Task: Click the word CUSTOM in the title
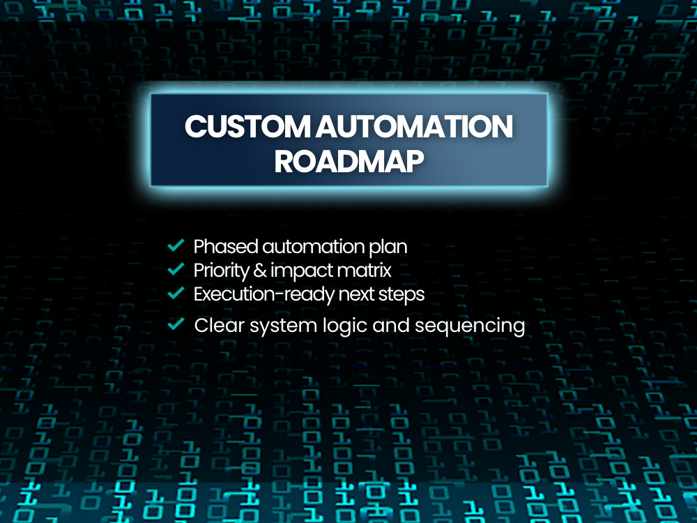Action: pyautogui.click(x=247, y=126)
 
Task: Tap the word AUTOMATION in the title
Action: pyautogui.click(x=414, y=126)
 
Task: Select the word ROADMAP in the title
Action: pyautogui.click(x=349, y=161)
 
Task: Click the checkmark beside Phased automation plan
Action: pyautogui.click(x=176, y=245)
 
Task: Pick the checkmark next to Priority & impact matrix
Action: pyautogui.click(x=176, y=268)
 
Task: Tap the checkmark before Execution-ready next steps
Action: pyautogui.click(x=176, y=293)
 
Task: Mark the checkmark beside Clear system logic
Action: pyautogui.click(x=176, y=324)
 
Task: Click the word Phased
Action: pyautogui.click(x=226, y=247)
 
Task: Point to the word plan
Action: pyautogui.click(x=388, y=248)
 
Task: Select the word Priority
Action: pyautogui.click(x=222, y=271)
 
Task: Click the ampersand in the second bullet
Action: pyautogui.click(x=259, y=271)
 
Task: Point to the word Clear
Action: pyautogui.click(x=220, y=326)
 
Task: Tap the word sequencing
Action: pyautogui.click(x=470, y=327)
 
